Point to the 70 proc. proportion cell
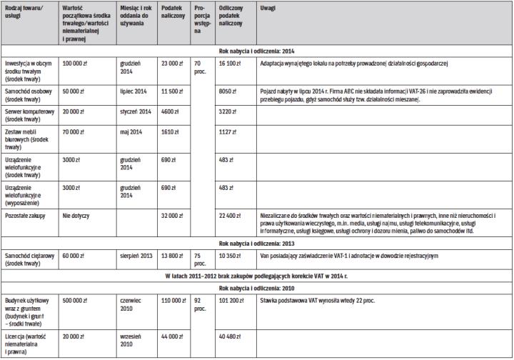[199, 68]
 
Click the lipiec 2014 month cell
[133, 92]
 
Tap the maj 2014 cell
[132, 132]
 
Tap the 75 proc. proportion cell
[199, 259]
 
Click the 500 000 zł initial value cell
[79, 301]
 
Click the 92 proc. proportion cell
[199, 305]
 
